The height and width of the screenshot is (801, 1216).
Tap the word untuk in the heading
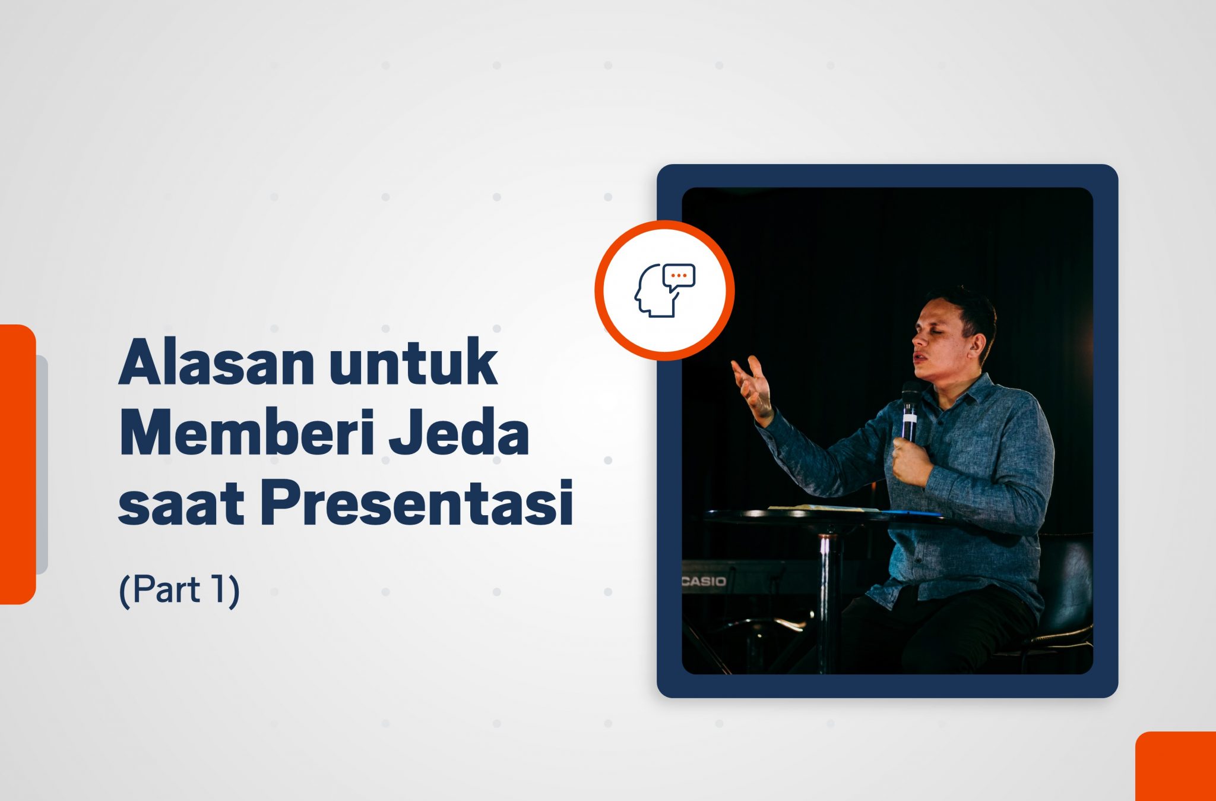pyautogui.click(x=414, y=362)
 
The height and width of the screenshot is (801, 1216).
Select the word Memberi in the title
pyautogui.click(x=247, y=433)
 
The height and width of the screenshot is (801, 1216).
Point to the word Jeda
pyautogui.click(x=459, y=433)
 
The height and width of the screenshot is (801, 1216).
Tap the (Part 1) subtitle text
pyautogui.click(x=179, y=590)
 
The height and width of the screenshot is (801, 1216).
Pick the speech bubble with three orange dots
pyautogui.click(x=679, y=276)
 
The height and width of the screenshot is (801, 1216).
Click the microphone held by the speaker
pyautogui.click(x=910, y=410)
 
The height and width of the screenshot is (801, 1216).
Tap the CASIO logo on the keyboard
pyautogui.click(x=704, y=581)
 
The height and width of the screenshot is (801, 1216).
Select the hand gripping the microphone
pyautogui.click(x=911, y=461)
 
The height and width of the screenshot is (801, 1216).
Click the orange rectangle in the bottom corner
pyautogui.click(x=1176, y=766)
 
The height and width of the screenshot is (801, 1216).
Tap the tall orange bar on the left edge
pyautogui.click(x=18, y=464)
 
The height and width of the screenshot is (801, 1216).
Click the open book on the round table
pyautogui.click(x=822, y=508)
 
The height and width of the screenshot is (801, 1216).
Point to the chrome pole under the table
pyautogui.click(x=826, y=600)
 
